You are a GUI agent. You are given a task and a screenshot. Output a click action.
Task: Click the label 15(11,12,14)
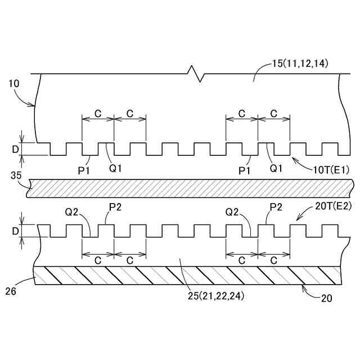pyautogui.click(x=300, y=64)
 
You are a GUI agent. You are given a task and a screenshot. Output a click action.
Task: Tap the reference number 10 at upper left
pyautogui.click(x=15, y=83)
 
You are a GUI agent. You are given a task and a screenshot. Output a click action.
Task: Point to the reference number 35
pyautogui.click(x=16, y=175)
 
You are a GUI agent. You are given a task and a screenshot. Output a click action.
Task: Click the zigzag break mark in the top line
pyautogui.click(x=195, y=74)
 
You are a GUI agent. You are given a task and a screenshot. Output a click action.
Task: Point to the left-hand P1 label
pyautogui.click(x=84, y=169)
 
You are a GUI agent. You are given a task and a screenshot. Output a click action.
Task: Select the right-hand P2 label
pyautogui.click(x=275, y=207)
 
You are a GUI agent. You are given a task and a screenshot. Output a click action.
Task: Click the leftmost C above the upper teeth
pyautogui.click(x=97, y=113)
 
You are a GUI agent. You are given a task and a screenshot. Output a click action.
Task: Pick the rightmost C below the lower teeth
pyautogui.click(x=274, y=260)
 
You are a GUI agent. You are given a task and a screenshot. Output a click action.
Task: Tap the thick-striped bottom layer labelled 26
pyautogui.click(x=186, y=275)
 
